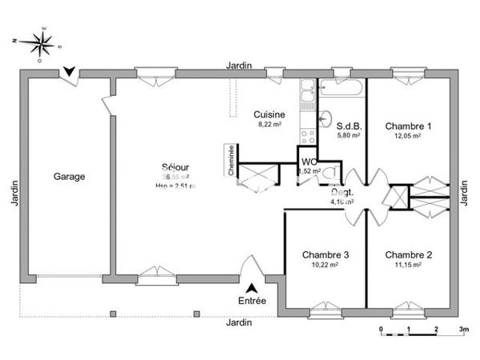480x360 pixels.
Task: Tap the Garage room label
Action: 69,176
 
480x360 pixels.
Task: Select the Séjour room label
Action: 175,167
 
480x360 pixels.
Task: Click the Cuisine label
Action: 269,114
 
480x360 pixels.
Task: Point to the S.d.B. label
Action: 349,126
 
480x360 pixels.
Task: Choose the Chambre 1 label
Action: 408,126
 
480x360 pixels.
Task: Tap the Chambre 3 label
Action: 325,255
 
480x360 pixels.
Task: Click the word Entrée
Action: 251,301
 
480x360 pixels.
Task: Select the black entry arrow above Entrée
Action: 251,287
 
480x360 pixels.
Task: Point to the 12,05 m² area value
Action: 408,136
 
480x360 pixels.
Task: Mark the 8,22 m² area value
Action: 269,125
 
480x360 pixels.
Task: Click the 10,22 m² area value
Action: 325,266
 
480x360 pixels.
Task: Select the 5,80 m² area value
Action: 349,136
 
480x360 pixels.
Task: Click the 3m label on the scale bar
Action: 462,330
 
